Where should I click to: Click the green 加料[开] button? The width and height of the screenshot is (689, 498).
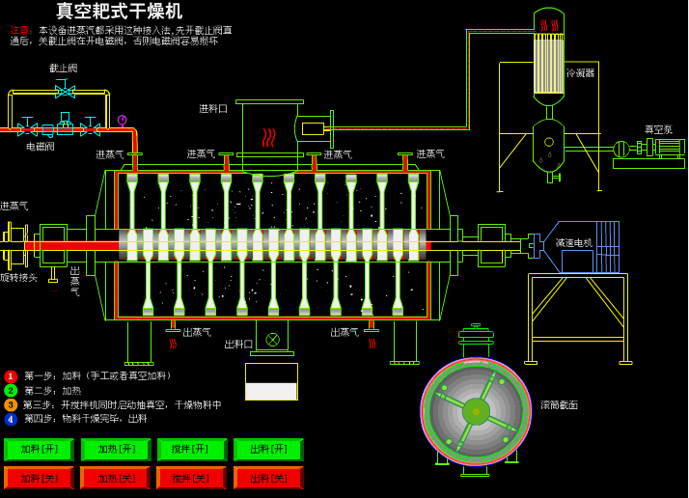[39, 450]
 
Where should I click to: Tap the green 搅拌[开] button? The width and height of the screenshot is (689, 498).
[191, 450]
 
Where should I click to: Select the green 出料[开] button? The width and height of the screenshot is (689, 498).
[268, 450]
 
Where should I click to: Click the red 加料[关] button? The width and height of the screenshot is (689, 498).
[39, 478]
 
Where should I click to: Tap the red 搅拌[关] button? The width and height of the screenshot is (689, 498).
[191, 478]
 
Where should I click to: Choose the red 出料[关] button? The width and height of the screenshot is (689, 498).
[268, 478]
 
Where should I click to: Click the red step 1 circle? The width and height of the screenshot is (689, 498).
[11, 376]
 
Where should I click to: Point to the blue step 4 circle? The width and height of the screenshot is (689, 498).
[11, 419]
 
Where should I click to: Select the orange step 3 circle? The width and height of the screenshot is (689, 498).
[11, 404]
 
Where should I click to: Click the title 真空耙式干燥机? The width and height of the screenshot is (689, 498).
[119, 12]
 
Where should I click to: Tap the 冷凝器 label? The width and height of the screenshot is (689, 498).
[580, 72]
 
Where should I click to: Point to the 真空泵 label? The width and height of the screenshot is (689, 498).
[658, 129]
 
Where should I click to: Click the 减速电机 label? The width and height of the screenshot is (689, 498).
[573, 243]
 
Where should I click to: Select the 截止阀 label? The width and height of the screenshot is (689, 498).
[64, 69]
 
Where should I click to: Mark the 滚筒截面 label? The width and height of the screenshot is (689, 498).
[559, 405]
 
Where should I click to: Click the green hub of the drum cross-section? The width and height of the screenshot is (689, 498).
[476, 411]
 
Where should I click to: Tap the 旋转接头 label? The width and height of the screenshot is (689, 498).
[18, 278]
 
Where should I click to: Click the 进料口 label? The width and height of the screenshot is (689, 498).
[213, 109]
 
